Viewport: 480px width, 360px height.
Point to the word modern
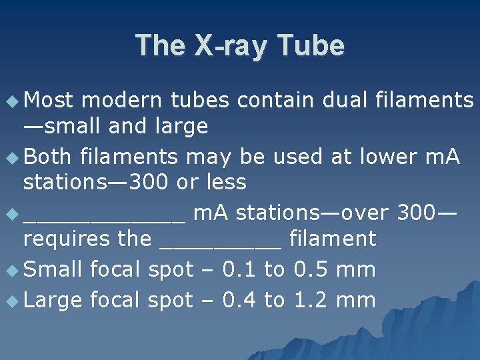[122, 100]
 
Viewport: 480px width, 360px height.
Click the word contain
[275, 100]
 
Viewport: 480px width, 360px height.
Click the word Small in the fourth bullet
[52, 269]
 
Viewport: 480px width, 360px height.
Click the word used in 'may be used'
[294, 157]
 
